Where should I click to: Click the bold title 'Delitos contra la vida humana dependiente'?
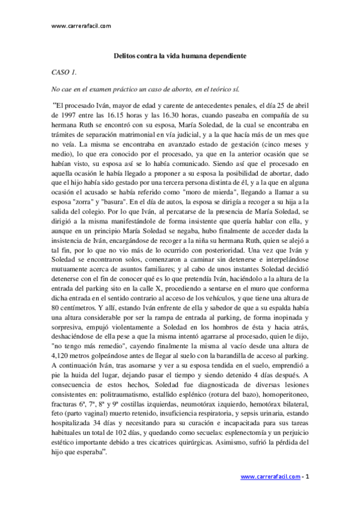click(x=180, y=55)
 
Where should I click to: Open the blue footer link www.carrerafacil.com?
click(x=270, y=477)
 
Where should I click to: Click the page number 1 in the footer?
click(x=307, y=477)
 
